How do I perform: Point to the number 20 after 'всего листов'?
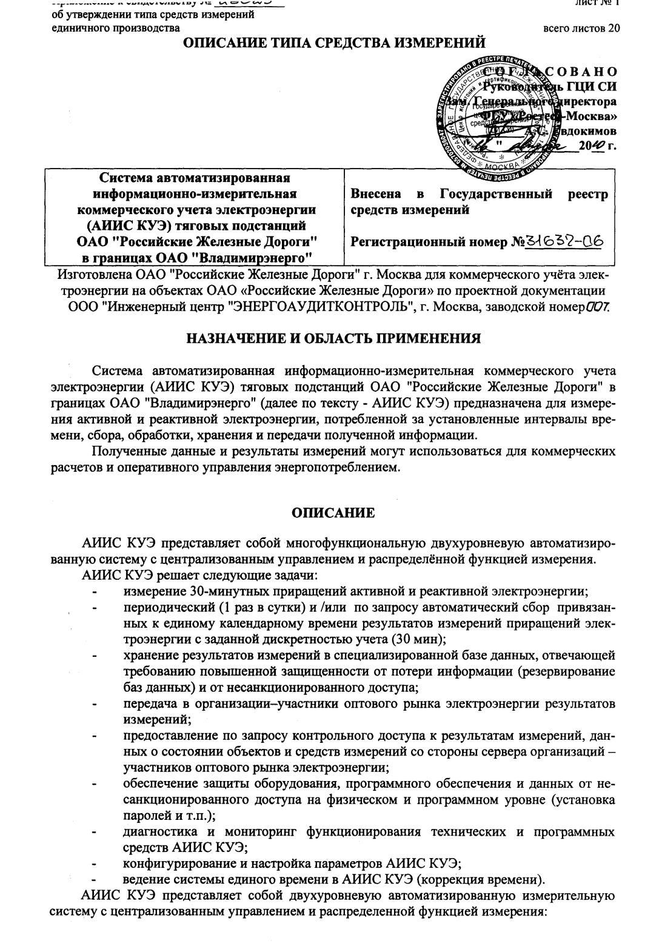tap(613, 29)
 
